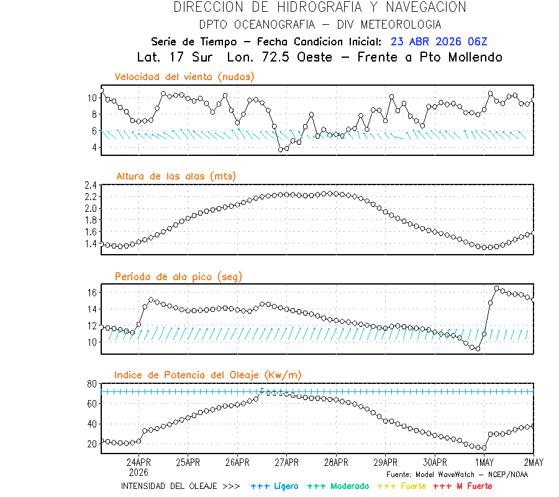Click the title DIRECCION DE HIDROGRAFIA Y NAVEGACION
tap(320, 7)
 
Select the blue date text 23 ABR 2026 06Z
tap(439, 42)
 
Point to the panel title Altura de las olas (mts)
tap(176, 176)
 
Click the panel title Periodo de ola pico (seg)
tap(178, 276)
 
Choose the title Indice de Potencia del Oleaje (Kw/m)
tap(208, 375)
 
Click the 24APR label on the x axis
tap(139, 462)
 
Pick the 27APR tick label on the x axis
tap(287, 462)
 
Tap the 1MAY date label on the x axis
tap(484, 462)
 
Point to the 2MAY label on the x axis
tap(533, 462)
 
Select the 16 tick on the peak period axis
tap(91, 293)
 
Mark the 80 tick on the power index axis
tap(91, 384)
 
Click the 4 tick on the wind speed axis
tap(93, 148)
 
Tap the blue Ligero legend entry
tap(275, 486)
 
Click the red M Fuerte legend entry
tap(463, 486)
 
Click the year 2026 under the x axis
tap(139, 472)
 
